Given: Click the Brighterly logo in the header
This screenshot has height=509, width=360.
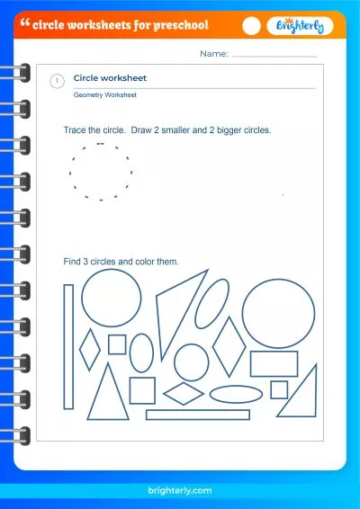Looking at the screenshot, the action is (x=300, y=26).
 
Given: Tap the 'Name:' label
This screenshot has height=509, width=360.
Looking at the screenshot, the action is (x=214, y=54).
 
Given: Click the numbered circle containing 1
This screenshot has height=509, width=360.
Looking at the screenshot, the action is (x=58, y=81).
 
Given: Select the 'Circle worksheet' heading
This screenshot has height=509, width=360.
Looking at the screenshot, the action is (x=110, y=78).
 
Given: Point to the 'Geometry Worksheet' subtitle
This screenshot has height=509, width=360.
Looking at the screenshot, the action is (x=105, y=95).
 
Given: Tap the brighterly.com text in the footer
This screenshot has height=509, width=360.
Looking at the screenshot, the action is (x=180, y=490).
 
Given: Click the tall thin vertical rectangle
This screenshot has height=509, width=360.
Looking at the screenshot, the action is (x=64, y=347).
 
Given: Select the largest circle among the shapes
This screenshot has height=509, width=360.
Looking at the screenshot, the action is (x=243, y=314).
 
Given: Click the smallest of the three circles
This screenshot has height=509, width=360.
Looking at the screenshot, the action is (x=175, y=362).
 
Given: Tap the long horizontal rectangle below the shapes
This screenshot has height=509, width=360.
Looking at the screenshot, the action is (x=197, y=411).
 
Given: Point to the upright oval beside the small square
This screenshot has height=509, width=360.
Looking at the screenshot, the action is (x=130, y=353).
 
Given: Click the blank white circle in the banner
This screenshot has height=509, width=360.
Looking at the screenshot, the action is (x=251, y=26).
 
